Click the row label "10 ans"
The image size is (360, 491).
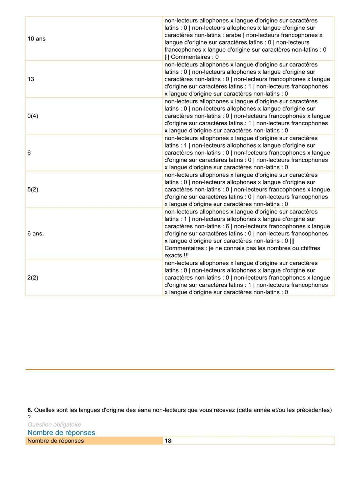(36, 39)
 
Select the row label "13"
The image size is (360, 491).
(31, 79)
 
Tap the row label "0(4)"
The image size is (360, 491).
(33, 116)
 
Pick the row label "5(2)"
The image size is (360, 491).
(33, 189)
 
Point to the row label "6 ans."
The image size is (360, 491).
(35, 233)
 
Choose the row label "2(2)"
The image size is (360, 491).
(33, 278)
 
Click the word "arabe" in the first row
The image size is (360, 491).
(233, 35)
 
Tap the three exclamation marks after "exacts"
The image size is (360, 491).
(186, 256)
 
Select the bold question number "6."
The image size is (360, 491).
(30, 410)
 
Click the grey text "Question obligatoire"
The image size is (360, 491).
(54, 424)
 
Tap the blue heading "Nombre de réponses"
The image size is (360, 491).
(61, 433)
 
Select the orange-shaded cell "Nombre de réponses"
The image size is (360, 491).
(56, 441)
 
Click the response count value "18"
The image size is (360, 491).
(168, 441)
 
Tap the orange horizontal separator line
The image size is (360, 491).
(180, 369)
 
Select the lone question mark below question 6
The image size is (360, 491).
(29, 417)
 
